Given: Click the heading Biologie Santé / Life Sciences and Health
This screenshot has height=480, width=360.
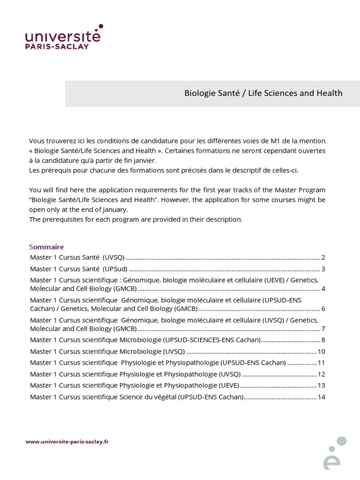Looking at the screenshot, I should pos(263,93).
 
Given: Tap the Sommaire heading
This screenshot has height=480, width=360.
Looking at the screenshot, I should pos(46,247).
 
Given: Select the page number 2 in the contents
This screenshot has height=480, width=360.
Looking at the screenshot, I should pos(323,257).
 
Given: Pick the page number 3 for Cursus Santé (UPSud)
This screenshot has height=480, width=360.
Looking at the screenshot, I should pos(323,269).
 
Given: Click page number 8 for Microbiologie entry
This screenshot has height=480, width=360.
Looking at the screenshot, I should pos(323,340).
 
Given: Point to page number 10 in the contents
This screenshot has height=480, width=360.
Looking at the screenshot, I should pos(321,352).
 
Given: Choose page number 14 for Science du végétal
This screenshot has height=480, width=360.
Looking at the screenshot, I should pos(321,397).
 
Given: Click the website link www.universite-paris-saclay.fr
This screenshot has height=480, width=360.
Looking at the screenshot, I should pos(67,441).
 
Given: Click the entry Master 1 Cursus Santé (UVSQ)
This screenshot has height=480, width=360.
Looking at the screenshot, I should pos(77,257).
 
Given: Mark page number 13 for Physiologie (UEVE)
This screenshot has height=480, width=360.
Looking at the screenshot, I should pos(321,385).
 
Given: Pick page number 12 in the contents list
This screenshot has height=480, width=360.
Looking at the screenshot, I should pos(321,374).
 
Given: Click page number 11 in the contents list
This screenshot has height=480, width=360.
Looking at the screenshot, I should pos(321,362).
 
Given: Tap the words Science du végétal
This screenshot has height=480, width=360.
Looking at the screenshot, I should pos(148,397).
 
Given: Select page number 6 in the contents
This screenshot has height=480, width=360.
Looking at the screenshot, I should pos(323,308).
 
